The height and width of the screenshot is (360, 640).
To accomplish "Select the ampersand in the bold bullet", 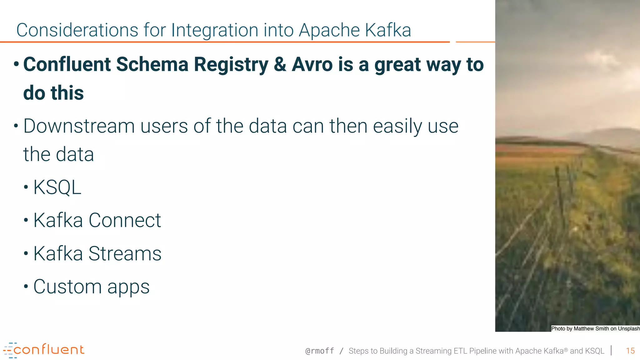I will point(280,65).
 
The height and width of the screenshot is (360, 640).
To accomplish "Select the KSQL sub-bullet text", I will point(57,187).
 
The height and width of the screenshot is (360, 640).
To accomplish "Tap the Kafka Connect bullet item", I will point(97,220).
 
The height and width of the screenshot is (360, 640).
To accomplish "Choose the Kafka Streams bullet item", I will point(97,253).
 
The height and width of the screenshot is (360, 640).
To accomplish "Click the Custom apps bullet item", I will point(91,287).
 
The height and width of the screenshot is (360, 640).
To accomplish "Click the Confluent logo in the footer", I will point(44,350).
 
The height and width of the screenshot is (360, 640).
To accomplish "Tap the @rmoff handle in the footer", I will point(319,351).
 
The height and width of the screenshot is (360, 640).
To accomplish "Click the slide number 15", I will point(630,351).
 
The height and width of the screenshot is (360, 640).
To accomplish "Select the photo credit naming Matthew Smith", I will point(595,328).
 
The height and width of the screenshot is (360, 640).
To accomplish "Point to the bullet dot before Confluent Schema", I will point(16,65).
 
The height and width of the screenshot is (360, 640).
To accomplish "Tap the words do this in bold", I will point(53,93).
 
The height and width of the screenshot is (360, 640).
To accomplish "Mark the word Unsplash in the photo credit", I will point(628,328).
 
